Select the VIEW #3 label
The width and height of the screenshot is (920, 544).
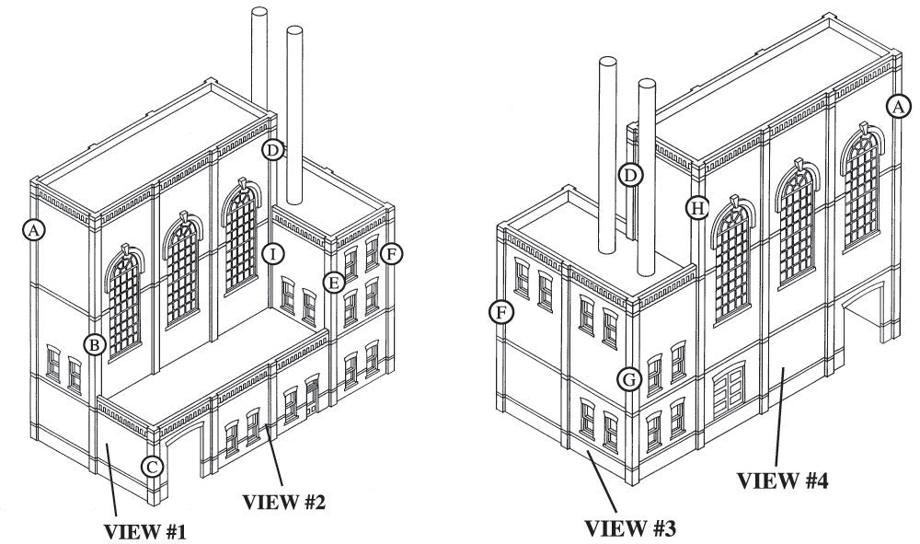[x=631, y=528]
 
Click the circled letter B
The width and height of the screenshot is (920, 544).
[x=94, y=344]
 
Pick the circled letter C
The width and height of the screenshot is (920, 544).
[x=154, y=467]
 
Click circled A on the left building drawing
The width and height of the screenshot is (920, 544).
[x=33, y=230]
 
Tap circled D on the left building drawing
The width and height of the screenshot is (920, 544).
[x=271, y=149]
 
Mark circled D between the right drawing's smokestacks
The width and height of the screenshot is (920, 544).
[x=629, y=175]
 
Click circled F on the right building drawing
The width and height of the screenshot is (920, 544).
[x=500, y=312]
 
